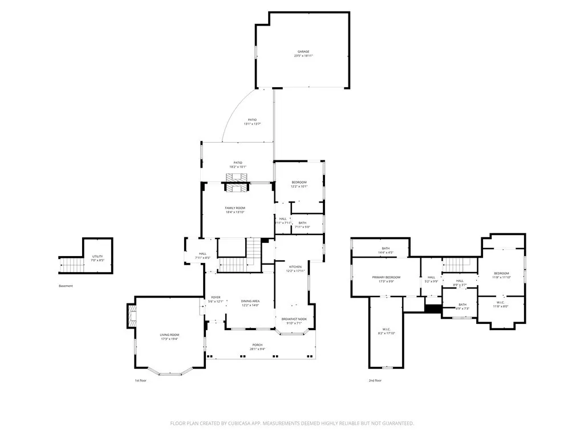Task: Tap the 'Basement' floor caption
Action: [x=66, y=286]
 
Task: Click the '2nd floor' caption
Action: [x=375, y=380]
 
